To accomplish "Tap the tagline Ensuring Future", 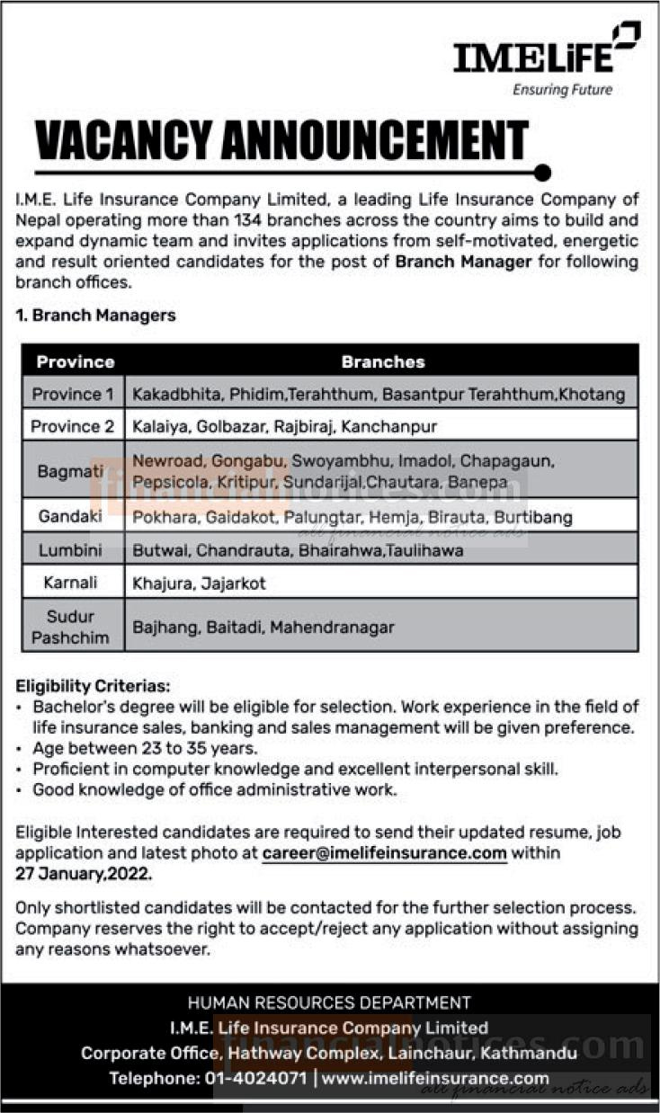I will click(562, 90).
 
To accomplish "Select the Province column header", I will click(75, 362).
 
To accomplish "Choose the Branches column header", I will click(382, 362).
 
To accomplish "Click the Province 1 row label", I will click(73, 394).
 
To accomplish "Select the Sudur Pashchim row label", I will click(73, 627).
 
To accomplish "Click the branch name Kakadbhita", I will click(176, 394).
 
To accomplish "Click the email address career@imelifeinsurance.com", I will click(385, 853).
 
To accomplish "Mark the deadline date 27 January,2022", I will click(84, 872).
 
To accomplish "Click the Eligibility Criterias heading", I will click(92, 685).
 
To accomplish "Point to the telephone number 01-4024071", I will click(259, 1078).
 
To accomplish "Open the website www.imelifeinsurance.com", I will click(435, 1078).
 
